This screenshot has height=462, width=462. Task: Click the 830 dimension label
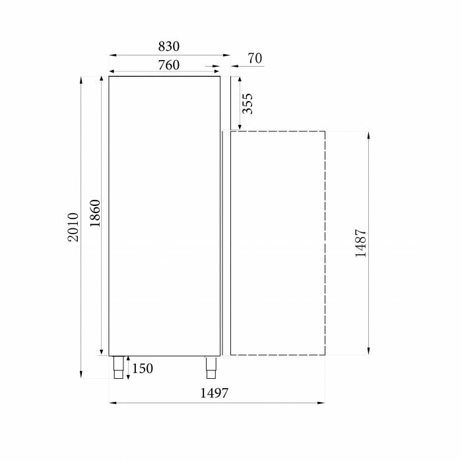(169, 46)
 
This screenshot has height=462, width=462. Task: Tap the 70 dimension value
(255, 59)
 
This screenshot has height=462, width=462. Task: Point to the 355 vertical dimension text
(247, 104)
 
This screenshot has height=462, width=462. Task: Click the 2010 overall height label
(73, 226)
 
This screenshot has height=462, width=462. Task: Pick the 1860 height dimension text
(94, 213)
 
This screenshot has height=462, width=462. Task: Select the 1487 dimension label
(360, 244)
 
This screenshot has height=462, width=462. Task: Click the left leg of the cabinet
(118, 367)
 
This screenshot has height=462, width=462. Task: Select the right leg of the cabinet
(211, 366)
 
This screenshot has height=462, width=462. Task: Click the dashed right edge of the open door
(325, 243)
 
